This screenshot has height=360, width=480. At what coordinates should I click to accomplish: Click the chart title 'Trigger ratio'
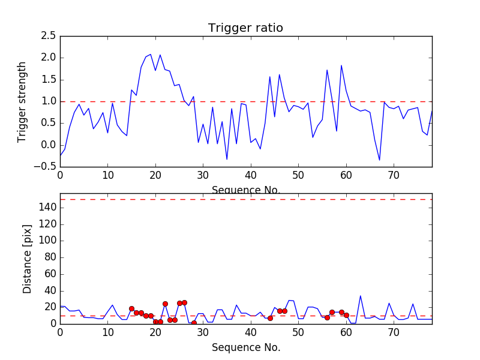point(245,28)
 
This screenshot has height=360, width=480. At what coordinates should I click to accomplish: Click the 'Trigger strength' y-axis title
point(22,101)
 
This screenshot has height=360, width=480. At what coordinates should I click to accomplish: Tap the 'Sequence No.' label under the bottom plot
point(245,347)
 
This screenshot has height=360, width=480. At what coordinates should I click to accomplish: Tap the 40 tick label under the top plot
point(251,176)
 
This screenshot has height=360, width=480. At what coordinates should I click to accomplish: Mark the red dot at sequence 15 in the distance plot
point(131,308)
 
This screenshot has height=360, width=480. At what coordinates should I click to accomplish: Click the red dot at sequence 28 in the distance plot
point(194,323)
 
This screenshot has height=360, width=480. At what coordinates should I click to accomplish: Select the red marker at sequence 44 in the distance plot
point(270,318)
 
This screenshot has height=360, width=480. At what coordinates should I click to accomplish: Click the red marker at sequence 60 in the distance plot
point(346,315)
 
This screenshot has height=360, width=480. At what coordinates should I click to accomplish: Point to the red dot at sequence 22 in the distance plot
point(165,304)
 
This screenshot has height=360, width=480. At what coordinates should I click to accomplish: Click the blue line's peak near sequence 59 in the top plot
point(341,65)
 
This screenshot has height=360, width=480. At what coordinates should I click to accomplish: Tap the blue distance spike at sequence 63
point(361,295)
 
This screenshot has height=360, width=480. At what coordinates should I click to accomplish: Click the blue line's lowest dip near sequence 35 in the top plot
point(227,160)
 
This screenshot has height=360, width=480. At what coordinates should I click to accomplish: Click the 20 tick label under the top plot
point(155,176)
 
